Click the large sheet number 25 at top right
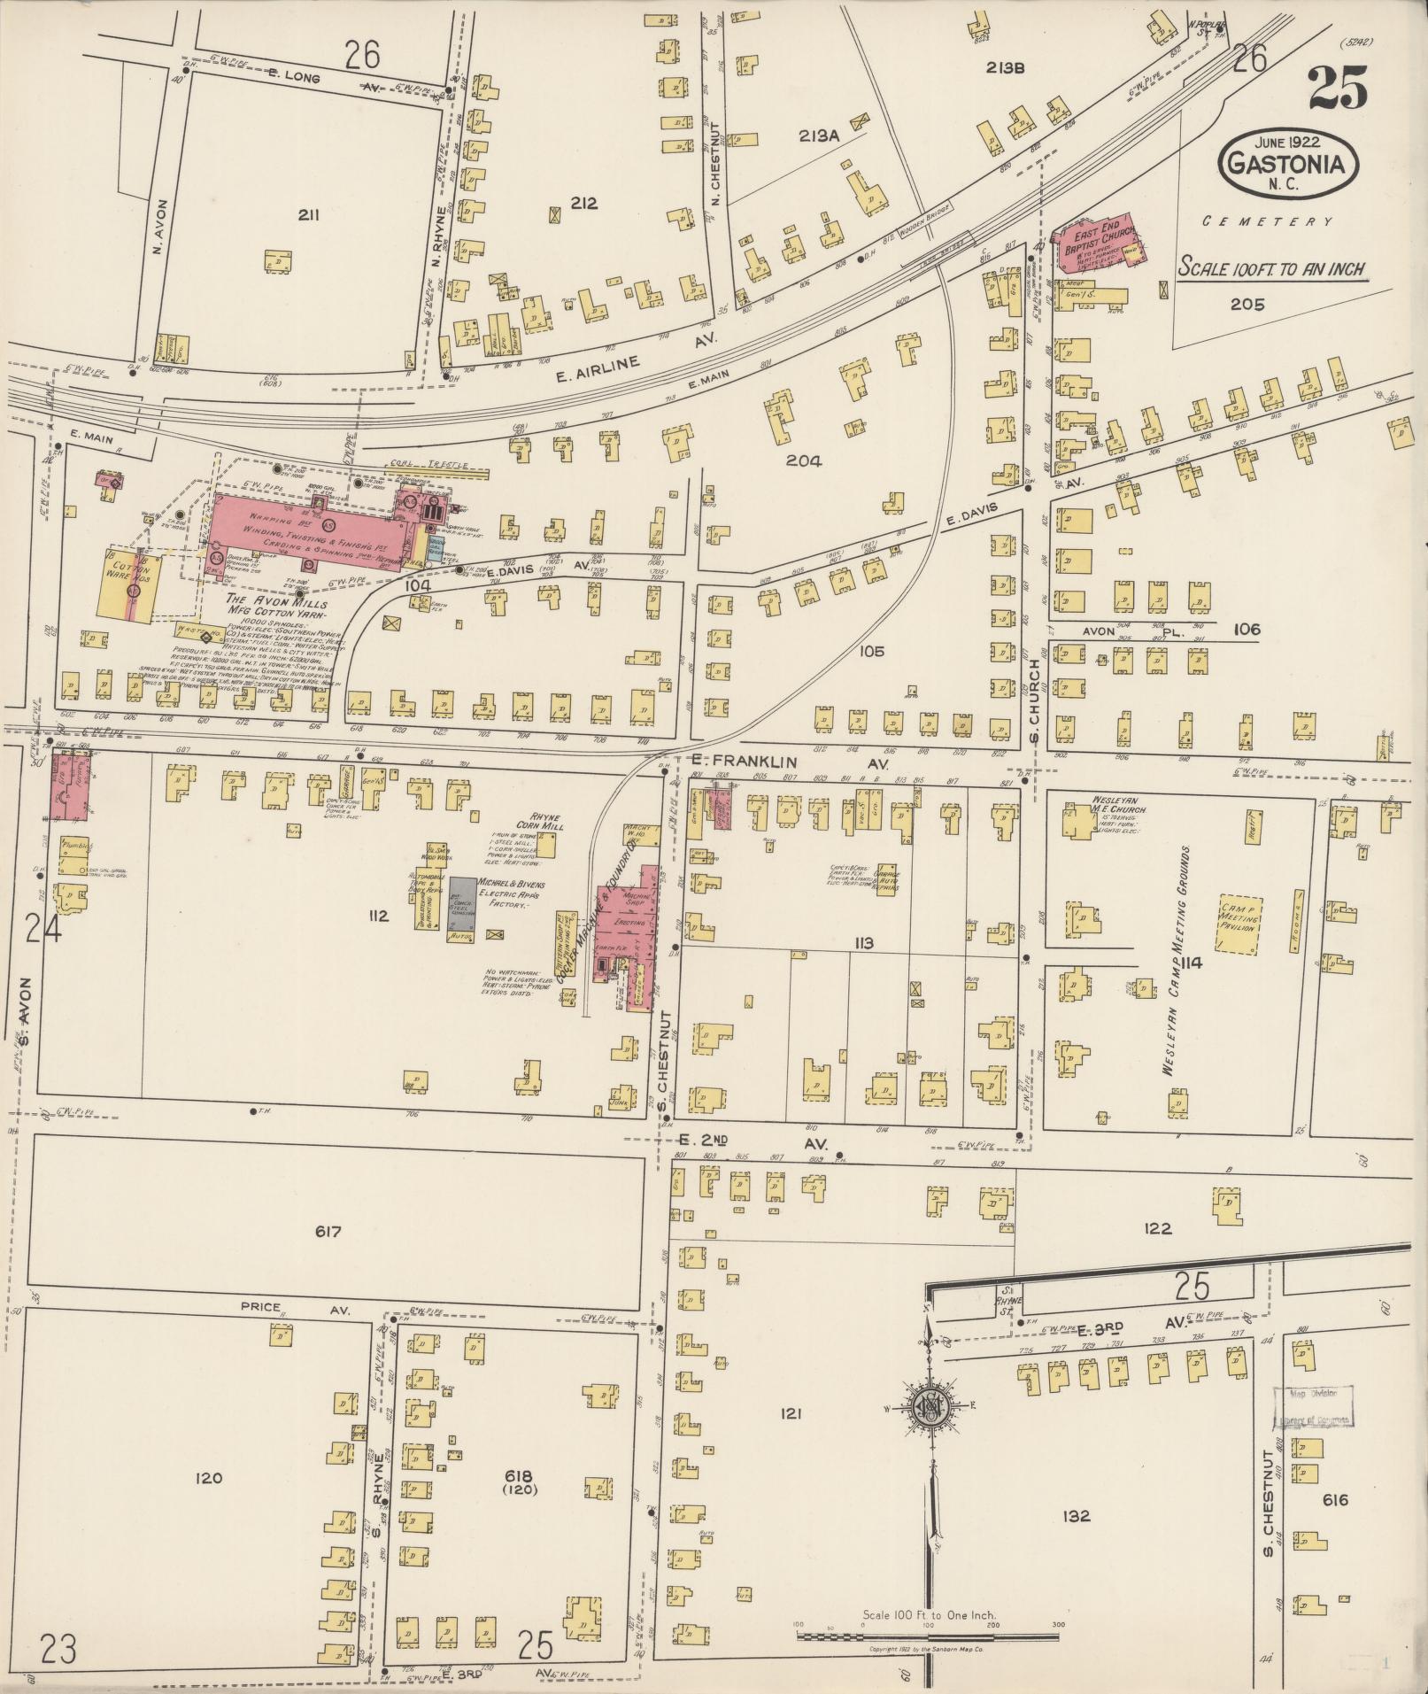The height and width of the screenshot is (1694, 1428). [x=1337, y=87]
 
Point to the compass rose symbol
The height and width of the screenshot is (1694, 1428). [x=931, y=1406]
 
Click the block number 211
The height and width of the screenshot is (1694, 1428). [x=308, y=214]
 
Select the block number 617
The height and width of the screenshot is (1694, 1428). [x=328, y=1232]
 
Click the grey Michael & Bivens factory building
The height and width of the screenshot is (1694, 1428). [x=461, y=903]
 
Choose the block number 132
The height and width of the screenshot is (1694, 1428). [x=1077, y=1515]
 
